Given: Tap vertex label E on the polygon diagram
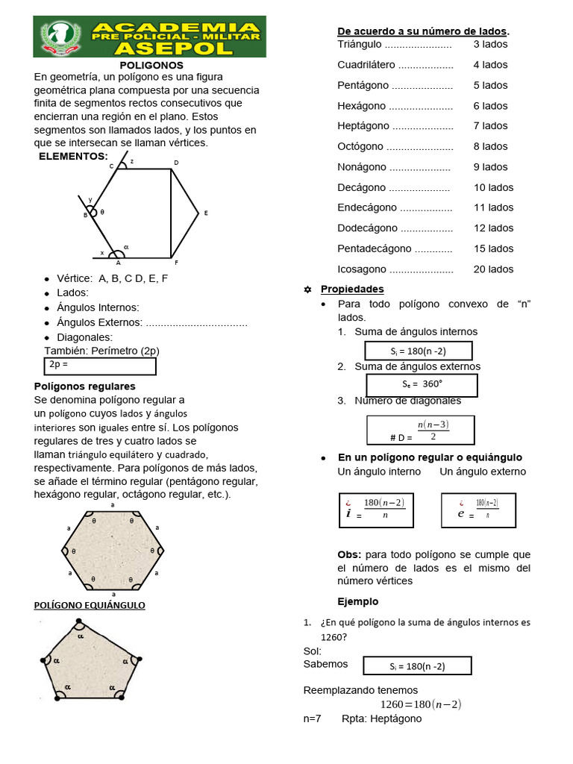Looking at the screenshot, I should (206, 213).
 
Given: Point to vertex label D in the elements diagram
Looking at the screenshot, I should (176, 163).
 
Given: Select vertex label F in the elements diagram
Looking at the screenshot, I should (176, 263).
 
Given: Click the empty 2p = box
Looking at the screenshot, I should (100, 366).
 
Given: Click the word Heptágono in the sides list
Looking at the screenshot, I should (363, 126).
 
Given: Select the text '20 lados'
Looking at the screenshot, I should (493, 269).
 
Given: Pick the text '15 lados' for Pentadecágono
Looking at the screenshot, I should (493, 248).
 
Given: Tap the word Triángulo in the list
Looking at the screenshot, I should (360, 44).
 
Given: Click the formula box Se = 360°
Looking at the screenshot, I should (422, 385).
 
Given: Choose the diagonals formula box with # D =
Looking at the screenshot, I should (421, 430).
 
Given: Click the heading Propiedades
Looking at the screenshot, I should (352, 289).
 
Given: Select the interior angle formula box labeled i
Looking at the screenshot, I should (375, 510).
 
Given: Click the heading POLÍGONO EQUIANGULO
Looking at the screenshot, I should (90, 605).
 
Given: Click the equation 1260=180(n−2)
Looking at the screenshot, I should (421, 704).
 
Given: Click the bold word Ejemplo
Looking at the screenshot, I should (358, 601).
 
